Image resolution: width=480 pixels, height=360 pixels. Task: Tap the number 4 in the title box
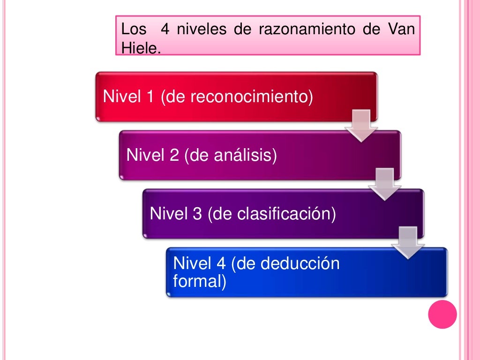click(x=165, y=30)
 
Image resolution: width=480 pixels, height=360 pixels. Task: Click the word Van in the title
click(x=401, y=30)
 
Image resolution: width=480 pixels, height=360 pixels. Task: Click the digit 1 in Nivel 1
click(x=150, y=97)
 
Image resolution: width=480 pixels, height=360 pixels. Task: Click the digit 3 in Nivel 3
click(x=197, y=214)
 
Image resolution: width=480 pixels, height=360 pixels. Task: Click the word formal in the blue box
click(x=197, y=282)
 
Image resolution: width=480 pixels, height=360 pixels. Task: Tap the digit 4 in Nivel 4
click(x=220, y=263)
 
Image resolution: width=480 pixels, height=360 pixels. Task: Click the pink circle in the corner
click(x=442, y=315)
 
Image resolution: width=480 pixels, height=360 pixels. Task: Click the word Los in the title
click(x=134, y=30)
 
